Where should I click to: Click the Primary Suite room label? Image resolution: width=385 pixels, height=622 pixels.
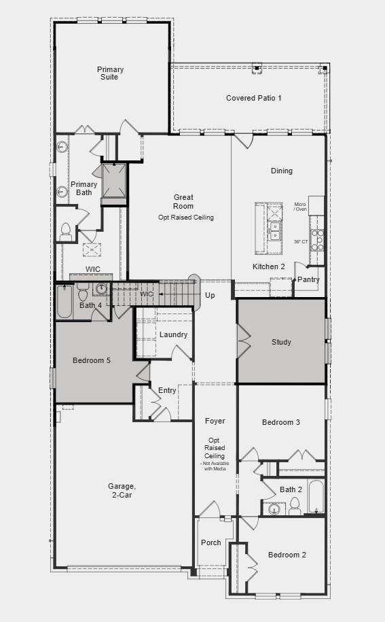tap(110, 73)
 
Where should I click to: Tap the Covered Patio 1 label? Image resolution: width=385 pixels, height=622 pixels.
tap(253, 98)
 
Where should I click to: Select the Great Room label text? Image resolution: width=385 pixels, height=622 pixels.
tap(183, 202)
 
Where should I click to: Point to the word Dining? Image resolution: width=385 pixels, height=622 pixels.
tap(281, 171)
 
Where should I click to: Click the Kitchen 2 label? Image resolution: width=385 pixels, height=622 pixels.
tap(269, 266)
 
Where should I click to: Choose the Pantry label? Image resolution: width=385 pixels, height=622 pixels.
tap(308, 279)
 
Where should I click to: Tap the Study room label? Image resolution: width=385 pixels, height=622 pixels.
tap(281, 342)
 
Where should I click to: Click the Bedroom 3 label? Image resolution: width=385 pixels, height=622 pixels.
tap(281, 422)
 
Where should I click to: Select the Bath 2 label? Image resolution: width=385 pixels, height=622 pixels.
tap(291, 489)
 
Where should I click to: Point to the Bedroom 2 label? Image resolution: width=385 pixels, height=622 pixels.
tap(287, 555)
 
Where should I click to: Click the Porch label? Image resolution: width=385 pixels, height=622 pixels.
tap(210, 542)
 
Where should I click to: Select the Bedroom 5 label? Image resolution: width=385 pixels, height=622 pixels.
tap(92, 360)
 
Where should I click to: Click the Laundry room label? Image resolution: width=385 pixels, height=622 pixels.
tap(173, 334)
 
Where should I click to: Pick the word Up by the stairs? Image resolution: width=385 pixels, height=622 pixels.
tap(210, 296)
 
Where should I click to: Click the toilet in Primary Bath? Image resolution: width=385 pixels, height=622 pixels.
tap(66, 232)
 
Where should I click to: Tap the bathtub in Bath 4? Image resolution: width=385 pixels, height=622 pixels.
tap(65, 303)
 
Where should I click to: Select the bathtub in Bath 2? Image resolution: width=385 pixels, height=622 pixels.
tap(316, 497)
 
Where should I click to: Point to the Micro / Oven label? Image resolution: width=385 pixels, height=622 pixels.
tap(300, 207)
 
